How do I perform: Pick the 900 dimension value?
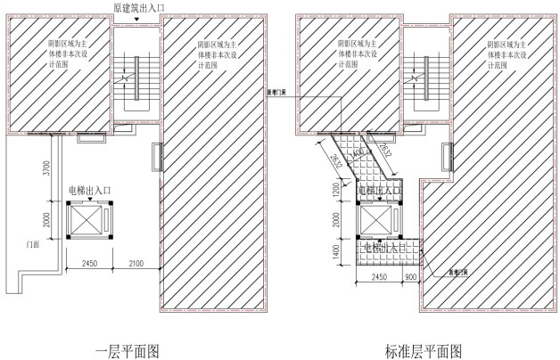(x=410, y=277)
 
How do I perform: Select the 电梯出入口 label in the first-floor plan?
(x=92, y=190)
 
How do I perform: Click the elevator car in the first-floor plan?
(x=92, y=219)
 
